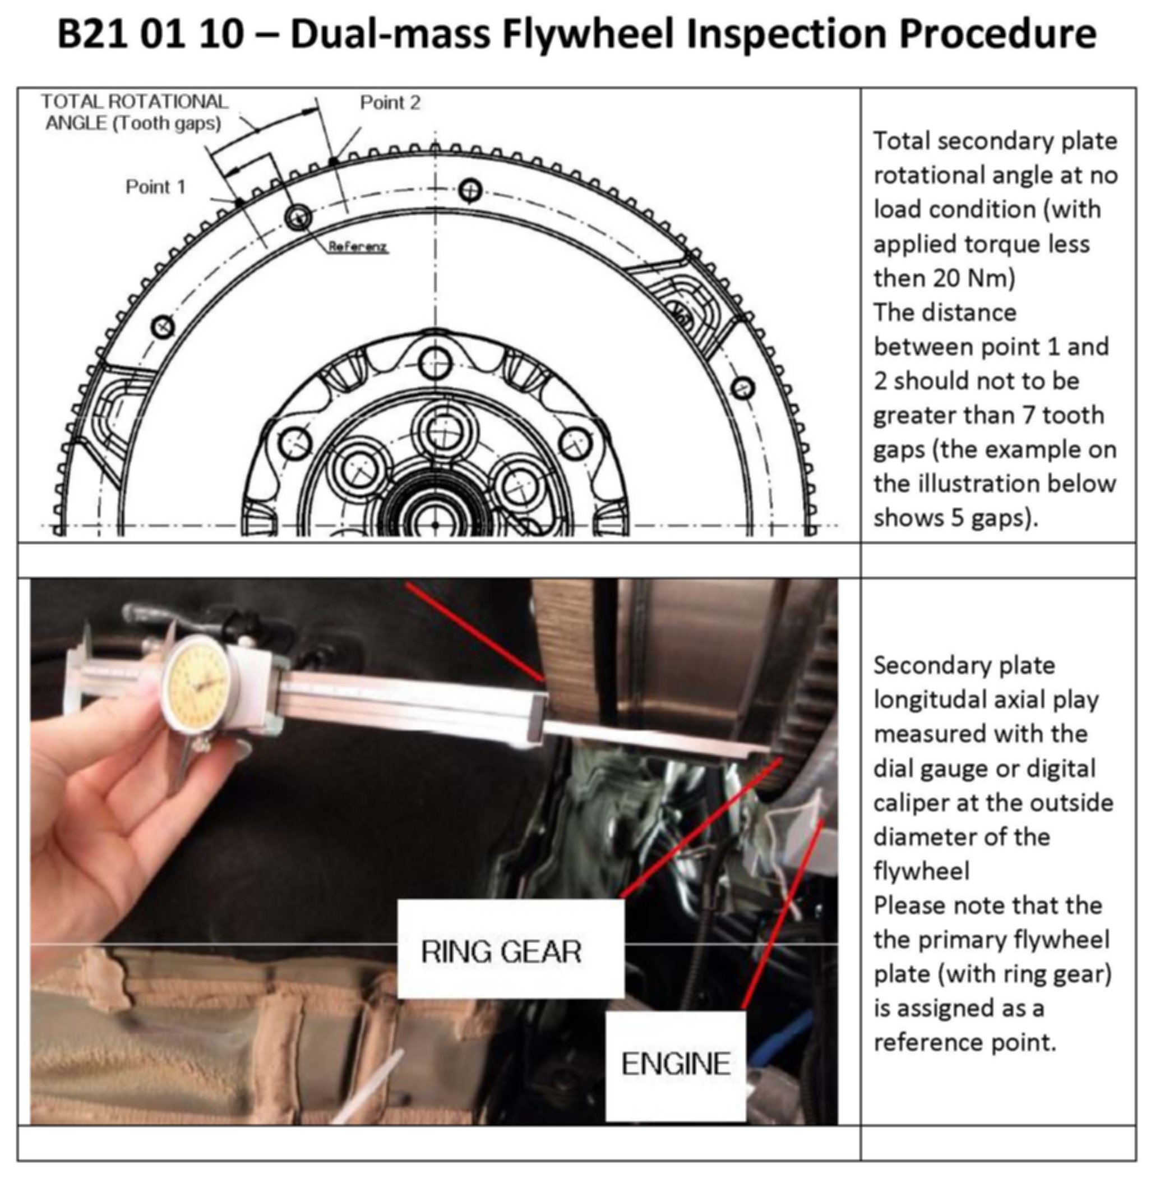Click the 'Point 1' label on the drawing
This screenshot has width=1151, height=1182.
[x=155, y=187]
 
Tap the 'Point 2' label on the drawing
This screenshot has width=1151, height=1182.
[x=390, y=102]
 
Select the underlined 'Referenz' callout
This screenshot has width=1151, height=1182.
[x=357, y=247]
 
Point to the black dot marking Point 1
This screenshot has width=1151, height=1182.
[x=239, y=203]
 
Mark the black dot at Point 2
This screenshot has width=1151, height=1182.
[x=333, y=162]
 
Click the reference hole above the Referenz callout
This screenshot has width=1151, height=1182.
[x=298, y=217]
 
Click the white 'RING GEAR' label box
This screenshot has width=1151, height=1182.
[x=511, y=949]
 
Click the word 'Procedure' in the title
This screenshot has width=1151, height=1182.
[x=997, y=34]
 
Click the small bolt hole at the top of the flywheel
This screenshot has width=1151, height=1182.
[x=470, y=191]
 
